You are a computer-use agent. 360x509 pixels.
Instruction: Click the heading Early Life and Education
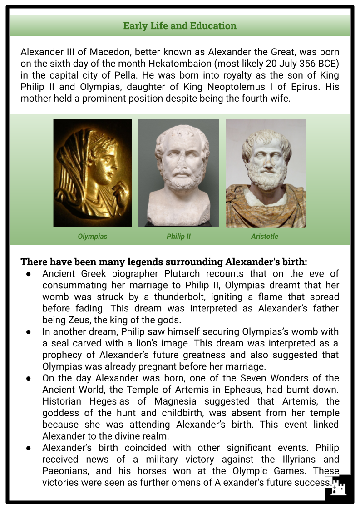coord(180,26)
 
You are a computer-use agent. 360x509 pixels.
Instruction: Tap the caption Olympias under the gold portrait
coord(93,237)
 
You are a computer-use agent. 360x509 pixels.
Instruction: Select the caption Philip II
coord(178,237)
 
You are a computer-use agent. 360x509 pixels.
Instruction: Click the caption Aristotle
coord(265,237)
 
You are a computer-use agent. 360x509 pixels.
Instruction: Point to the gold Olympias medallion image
coord(93,173)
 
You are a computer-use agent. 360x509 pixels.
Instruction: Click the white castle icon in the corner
coord(338,489)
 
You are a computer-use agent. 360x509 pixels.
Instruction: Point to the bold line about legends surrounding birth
coord(164,262)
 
